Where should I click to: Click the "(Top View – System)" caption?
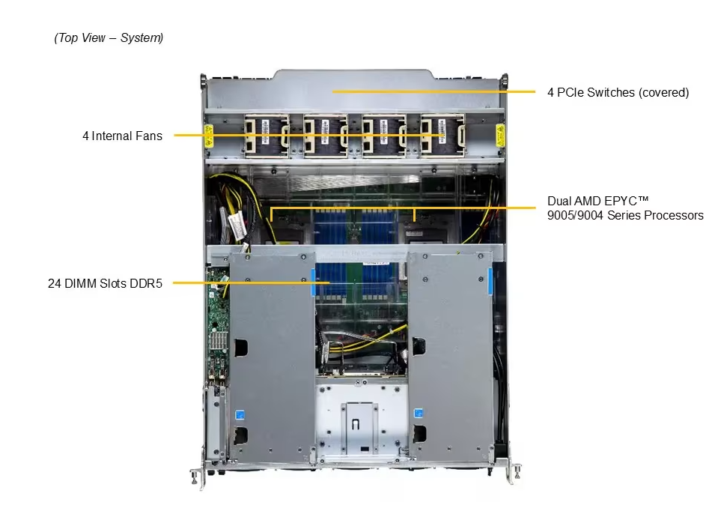click(109, 37)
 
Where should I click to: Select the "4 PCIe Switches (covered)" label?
click(618, 92)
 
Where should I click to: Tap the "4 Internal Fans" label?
click(122, 136)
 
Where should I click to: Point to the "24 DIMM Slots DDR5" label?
click(106, 283)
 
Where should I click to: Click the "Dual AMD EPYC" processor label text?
click(597, 201)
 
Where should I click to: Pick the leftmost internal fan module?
click(267, 136)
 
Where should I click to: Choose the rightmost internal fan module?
click(442, 136)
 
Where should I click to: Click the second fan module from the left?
click(325, 136)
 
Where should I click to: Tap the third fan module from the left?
click(384, 136)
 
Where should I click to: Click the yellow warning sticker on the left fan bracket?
click(209, 136)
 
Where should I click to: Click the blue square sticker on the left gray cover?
click(240, 414)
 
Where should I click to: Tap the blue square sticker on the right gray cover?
click(418, 413)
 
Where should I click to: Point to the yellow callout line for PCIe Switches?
click(434, 92)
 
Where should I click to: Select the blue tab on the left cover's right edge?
click(314, 281)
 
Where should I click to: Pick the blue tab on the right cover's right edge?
click(490, 281)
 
